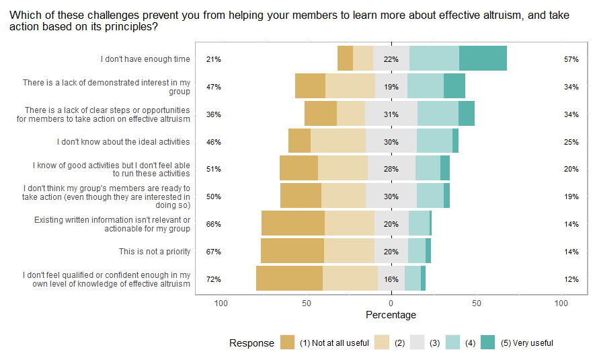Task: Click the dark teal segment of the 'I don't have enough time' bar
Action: click(483, 59)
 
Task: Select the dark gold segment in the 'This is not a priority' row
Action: click(292, 251)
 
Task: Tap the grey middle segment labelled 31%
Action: click(391, 114)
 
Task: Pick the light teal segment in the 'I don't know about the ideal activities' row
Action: click(434, 141)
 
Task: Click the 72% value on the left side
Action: click(214, 279)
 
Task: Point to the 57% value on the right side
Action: click(571, 59)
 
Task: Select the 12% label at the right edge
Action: click(571, 279)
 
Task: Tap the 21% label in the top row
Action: click(214, 59)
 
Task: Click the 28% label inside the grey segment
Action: click(391, 169)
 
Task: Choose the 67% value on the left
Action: click(214, 252)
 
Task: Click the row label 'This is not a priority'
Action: click(155, 252)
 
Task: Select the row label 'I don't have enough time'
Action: click(145, 59)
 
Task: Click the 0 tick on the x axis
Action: click(391, 303)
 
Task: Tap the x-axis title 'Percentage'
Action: click(391, 315)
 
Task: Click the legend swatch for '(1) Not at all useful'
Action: click(288, 343)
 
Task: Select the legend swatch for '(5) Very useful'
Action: click(489, 343)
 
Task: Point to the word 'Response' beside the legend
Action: click(251, 343)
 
